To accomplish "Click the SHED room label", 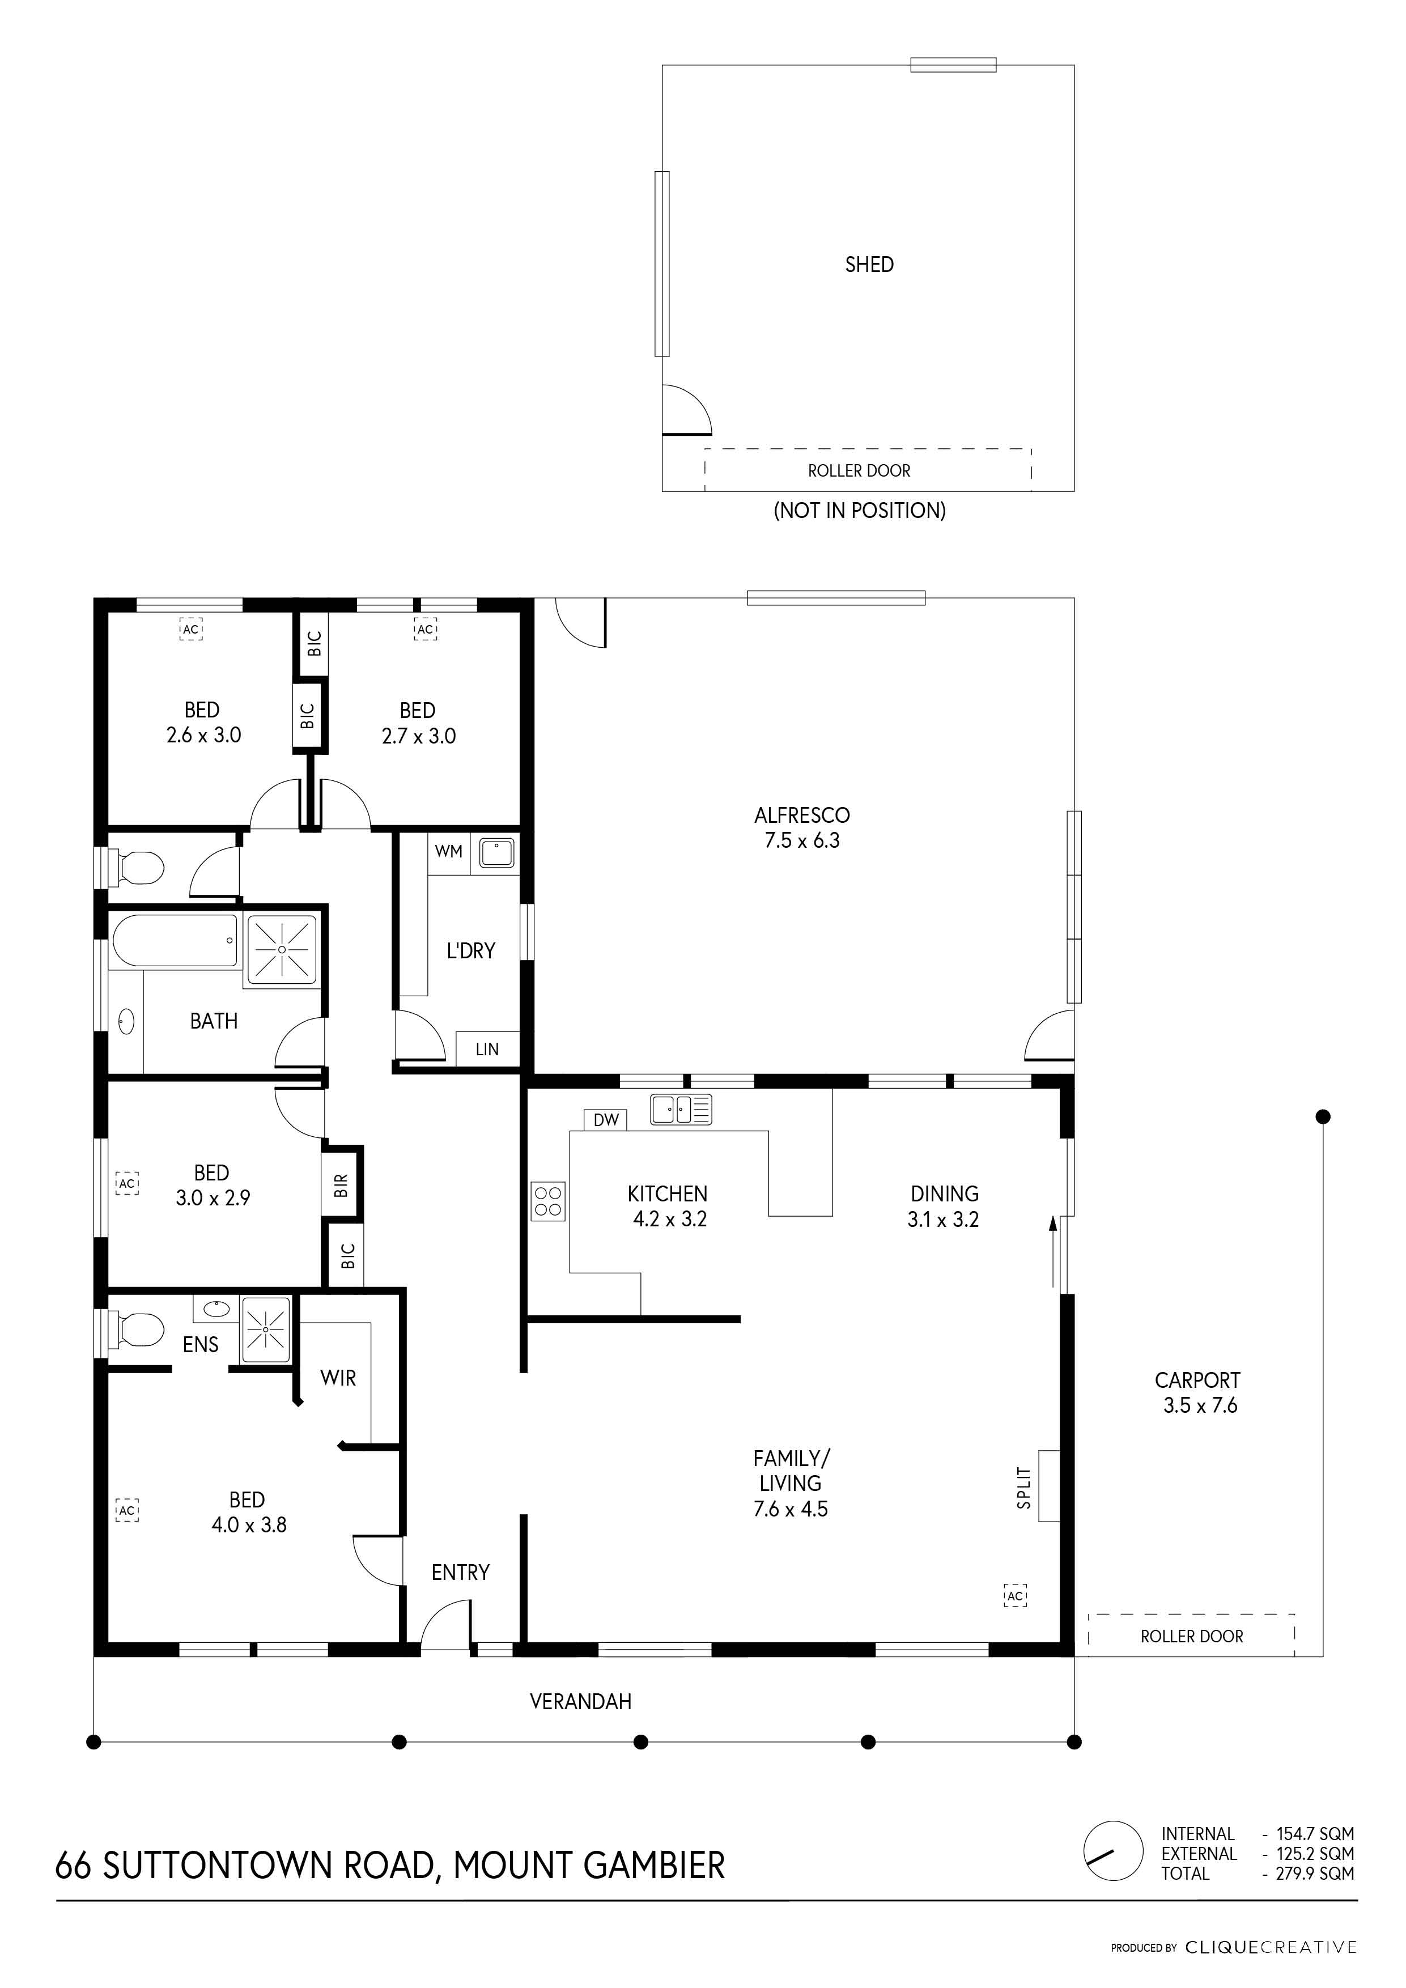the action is point(869,265).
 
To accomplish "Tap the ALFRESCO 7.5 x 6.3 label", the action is point(802,827).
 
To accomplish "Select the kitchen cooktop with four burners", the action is point(548,1201).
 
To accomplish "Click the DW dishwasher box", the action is point(606,1120).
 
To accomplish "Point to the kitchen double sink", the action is point(681,1109).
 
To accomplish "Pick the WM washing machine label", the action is point(448,851).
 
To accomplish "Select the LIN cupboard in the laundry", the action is point(487,1050).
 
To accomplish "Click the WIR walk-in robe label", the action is point(338,1378).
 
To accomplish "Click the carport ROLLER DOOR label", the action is point(1192,1637).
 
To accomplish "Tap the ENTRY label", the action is point(461,1573).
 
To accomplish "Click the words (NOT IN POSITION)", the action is point(860,511).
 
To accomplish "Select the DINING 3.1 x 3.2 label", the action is point(945,1206).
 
